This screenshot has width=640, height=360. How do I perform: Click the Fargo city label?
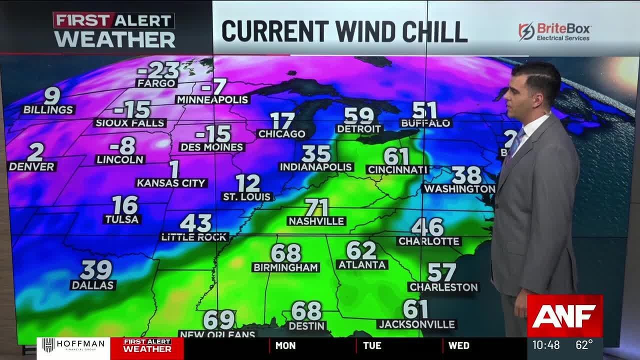(156, 83)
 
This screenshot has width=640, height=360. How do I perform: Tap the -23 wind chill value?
(158, 70)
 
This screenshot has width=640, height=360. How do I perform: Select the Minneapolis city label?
(212, 99)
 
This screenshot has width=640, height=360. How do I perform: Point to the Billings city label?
(48, 109)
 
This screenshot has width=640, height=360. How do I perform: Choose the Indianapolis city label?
(316, 167)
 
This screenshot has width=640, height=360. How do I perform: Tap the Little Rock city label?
(194, 237)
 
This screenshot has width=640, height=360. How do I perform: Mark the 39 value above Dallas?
(95, 270)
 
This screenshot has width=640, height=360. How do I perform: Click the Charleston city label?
(443, 287)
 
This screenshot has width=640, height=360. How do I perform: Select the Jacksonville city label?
(416, 324)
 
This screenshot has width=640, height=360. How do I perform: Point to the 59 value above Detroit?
(359, 116)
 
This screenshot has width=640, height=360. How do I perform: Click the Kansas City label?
(171, 183)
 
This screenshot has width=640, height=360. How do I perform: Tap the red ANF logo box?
(564, 315)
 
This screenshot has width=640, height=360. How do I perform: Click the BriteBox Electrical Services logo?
(554, 31)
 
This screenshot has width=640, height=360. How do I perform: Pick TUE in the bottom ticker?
(372, 345)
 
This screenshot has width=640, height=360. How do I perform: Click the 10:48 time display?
(545, 345)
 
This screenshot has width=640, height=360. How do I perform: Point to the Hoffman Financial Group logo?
(73, 345)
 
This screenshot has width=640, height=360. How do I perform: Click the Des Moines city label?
(212, 147)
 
